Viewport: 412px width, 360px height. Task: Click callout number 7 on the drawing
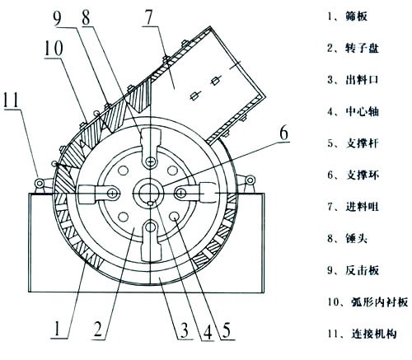(152, 19)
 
